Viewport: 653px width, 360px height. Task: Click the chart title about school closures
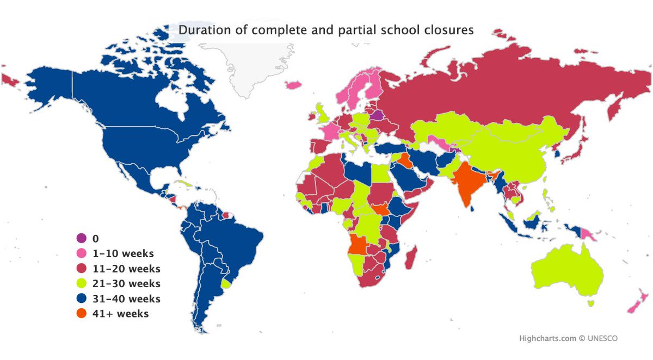click(326, 30)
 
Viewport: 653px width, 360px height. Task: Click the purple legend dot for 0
click(81, 238)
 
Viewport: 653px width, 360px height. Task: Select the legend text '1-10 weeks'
click(123, 253)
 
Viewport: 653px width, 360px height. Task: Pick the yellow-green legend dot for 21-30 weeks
click(81, 283)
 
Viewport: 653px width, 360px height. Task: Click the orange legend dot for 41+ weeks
click(81, 314)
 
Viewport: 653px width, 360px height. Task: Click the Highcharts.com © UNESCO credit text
click(568, 338)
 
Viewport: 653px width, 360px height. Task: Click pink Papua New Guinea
click(588, 234)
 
